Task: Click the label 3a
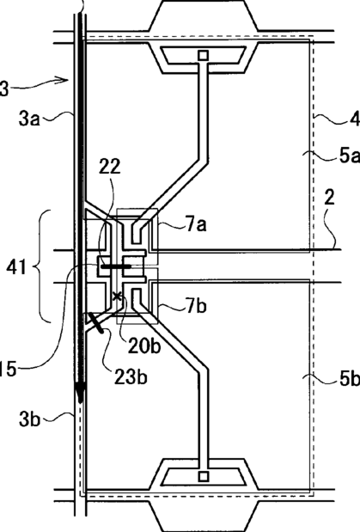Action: pos(29,119)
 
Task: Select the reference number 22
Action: pos(110,166)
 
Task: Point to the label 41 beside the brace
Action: pos(16,267)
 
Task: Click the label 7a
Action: pos(196,224)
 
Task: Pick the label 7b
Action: pos(196,306)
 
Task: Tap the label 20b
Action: pos(143,347)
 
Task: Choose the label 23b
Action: pos(131,377)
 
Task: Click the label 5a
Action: pos(350,156)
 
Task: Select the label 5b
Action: pos(350,379)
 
